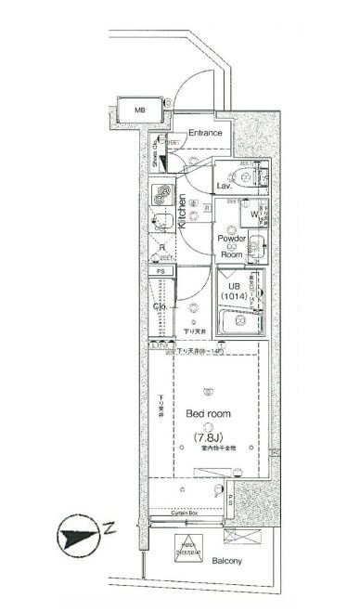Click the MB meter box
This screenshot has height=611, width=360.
pyautogui.click(x=140, y=110)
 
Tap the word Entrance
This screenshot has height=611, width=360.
pyautogui.click(x=206, y=134)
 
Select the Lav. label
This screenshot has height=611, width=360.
pyautogui.click(x=224, y=186)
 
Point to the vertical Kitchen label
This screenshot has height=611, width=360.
pyautogui.click(x=183, y=211)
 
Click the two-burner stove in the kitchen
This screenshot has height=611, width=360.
pyautogui.click(x=164, y=195)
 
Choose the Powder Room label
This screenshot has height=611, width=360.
pyautogui.click(x=231, y=245)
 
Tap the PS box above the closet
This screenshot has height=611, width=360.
pyautogui.click(x=161, y=271)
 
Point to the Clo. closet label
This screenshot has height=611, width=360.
pyautogui.click(x=160, y=307)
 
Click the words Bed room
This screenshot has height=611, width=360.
pyautogui.click(x=209, y=413)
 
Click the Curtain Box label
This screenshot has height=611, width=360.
pyautogui.click(x=182, y=513)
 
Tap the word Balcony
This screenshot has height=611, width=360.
pyautogui.click(x=226, y=562)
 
